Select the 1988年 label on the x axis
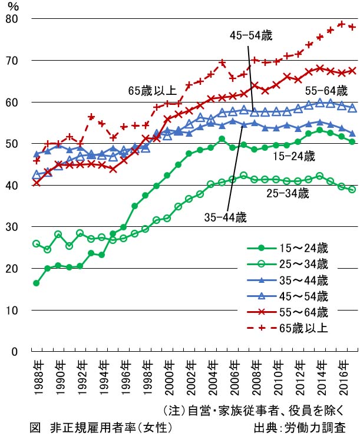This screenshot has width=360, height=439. (37, 374)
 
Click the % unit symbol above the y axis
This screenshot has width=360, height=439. (14, 6)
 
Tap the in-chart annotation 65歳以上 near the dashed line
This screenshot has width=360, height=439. (152, 91)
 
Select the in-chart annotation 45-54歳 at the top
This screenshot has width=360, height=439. (250, 36)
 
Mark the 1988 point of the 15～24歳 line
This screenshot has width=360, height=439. (37, 283)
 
